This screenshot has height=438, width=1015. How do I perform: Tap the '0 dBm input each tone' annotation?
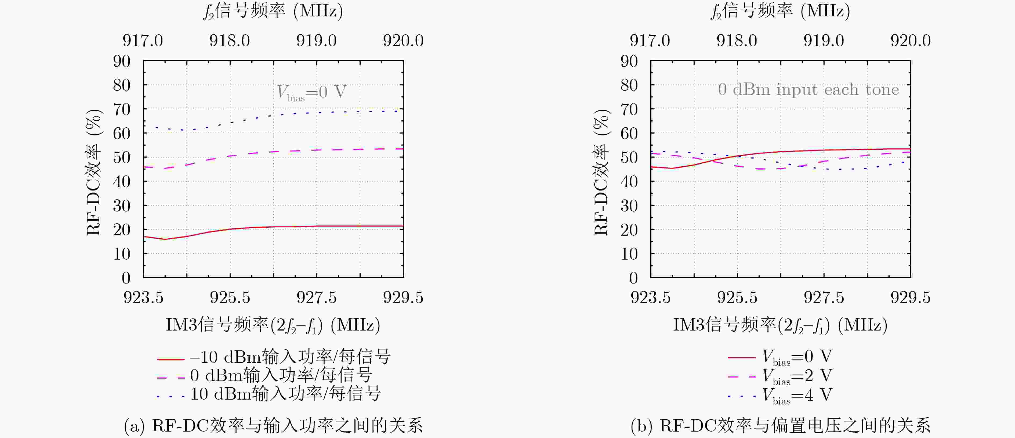808,89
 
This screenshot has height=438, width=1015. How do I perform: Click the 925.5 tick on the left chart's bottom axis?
230,297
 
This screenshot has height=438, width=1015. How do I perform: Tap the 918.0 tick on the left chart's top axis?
229,41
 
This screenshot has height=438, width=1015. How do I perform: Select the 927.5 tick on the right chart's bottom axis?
824,297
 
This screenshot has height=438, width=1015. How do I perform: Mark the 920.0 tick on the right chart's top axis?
911,41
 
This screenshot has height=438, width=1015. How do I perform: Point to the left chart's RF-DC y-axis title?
94,172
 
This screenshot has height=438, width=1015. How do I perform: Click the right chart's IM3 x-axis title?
780,325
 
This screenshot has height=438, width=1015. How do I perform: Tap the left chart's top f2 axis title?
273,11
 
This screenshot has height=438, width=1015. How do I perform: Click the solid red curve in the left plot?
296,227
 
